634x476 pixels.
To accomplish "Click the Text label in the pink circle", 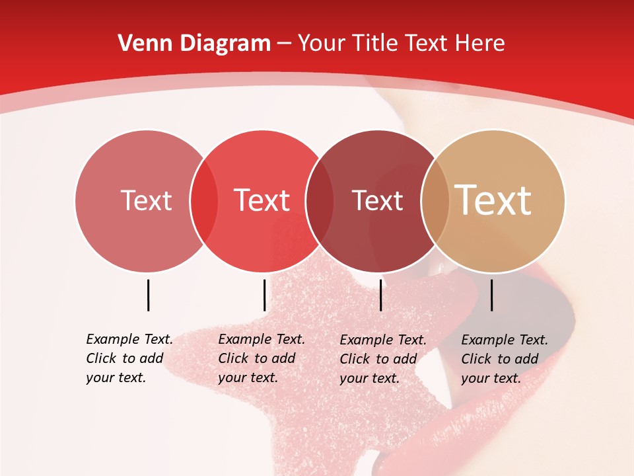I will click(146, 200).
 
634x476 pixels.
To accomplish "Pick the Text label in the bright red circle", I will click(262, 200).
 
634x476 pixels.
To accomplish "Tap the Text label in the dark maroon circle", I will click(377, 200).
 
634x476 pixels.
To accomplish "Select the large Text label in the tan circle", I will click(493, 200).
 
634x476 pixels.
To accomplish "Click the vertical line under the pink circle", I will click(148, 295).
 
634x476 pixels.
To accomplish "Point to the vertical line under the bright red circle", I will click(264, 295).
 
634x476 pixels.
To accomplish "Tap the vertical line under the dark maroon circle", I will click(380, 295).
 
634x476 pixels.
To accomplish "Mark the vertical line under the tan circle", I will click(491, 295).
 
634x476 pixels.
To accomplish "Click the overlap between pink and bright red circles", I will click(204, 201).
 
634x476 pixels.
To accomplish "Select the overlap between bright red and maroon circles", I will click(320, 201).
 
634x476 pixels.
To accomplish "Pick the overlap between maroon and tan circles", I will click(435, 201).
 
